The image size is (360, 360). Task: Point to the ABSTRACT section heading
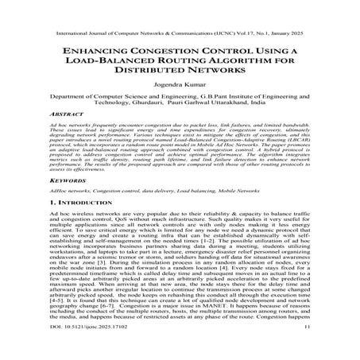pos(66,136)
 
